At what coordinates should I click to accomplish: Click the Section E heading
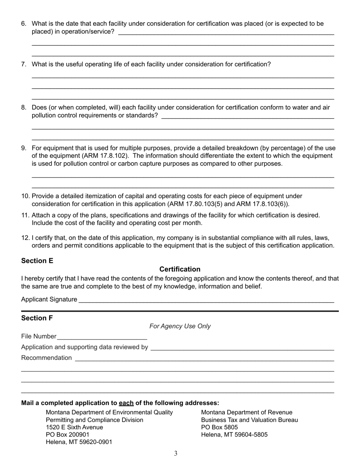[37, 261]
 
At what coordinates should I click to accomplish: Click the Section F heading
[37, 318]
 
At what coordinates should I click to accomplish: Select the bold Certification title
[180, 269]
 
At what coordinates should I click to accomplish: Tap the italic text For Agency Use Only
[180, 326]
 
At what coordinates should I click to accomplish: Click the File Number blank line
[102, 337]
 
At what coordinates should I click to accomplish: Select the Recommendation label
[46, 358]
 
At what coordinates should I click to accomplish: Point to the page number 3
[176, 453]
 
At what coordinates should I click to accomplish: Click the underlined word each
[126, 403]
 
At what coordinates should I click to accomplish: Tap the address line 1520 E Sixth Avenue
[74, 427]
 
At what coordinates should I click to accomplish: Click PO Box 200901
[67, 435]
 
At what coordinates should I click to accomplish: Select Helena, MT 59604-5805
[234, 435]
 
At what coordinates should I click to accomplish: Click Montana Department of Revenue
[247, 412]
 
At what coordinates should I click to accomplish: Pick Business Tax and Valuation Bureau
[249, 420]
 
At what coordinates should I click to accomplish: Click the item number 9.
[24, 148]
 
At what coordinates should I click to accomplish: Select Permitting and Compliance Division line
[94, 420]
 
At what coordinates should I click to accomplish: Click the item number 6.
[24, 24]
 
